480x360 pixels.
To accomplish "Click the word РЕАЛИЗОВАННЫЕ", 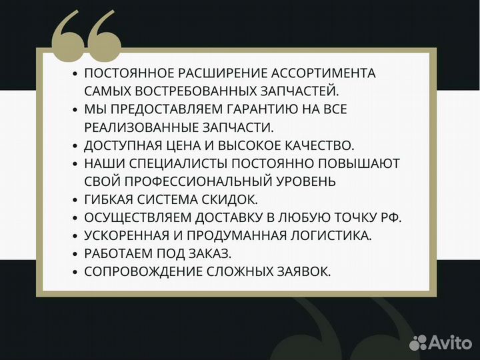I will pyautogui.click(x=140, y=127).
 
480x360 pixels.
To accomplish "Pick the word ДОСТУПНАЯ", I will pyautogui.click(x=122, y=145).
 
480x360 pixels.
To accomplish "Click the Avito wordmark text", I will pyautogui.click(x=449, y=343).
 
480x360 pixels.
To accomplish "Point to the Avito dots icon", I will pyautogui.click(x=418, y=343).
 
